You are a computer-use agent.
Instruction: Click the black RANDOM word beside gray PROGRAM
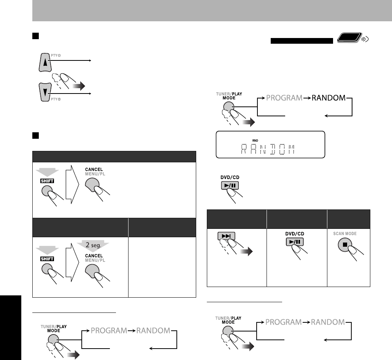[x=329, y=98]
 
